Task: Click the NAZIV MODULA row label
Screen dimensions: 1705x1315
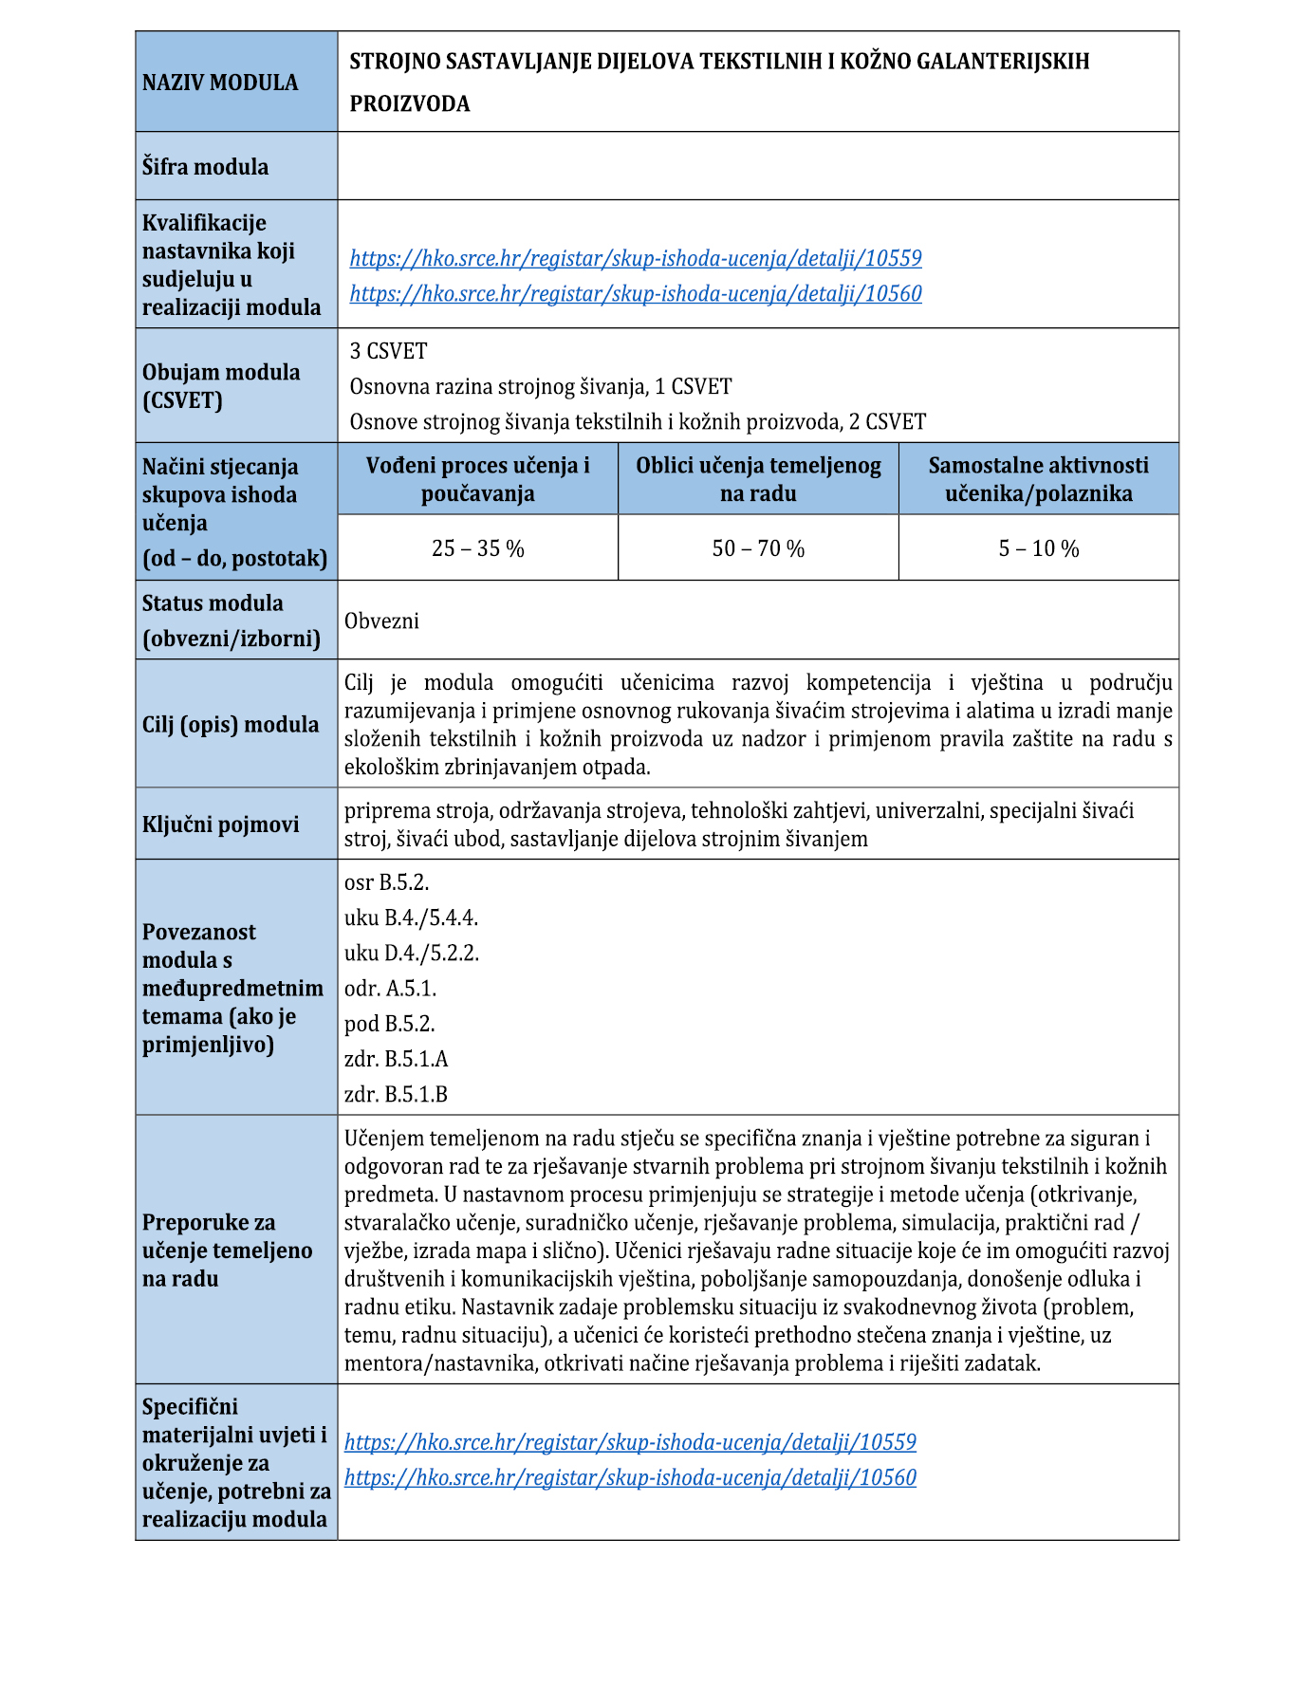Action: (x=220, y=83)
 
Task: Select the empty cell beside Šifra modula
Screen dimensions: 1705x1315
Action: (x=757, y=166)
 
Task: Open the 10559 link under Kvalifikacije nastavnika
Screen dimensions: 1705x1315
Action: (x=635, y=258)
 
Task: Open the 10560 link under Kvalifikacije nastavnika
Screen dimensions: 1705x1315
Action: (x=635, y=293)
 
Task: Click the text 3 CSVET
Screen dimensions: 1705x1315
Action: (x=388, y=351)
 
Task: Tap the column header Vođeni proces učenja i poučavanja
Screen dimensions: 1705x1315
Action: (x=477, y=479)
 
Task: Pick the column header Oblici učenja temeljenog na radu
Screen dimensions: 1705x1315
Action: (x=758, y=479)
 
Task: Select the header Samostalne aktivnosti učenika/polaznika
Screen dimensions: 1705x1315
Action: (x=1038, y=479)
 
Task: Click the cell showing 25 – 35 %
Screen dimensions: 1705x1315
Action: (x=477, y=548)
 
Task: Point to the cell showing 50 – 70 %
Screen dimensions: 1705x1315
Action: (x=758, y=548)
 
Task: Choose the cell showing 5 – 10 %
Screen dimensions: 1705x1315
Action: (x=1038, y=548)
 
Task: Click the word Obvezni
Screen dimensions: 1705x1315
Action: (x=381, y=621)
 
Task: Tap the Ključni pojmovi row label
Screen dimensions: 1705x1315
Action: (x=220, y=825)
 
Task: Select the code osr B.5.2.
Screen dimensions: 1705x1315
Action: (x=386, y=882)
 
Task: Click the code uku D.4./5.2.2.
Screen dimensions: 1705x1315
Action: (x=411, y=953)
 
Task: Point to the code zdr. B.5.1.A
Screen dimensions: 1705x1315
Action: (x=396, y=1059)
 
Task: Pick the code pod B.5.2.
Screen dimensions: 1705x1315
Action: (x=389, y=1024)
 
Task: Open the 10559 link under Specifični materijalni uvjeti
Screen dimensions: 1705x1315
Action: (x=630, y=1442)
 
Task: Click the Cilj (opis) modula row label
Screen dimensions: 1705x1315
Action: (x=231, y=725)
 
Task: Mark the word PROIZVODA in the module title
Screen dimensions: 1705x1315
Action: (x=409, y=103)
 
